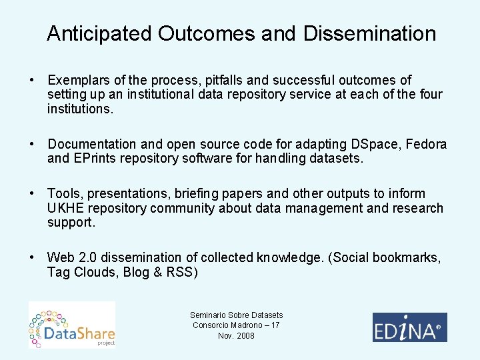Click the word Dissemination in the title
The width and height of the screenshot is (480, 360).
369,34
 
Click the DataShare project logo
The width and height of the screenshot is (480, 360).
72,325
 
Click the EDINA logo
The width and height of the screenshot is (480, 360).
409,327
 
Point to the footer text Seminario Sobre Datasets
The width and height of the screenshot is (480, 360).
236,315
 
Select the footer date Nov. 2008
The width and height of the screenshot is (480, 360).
236,335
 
